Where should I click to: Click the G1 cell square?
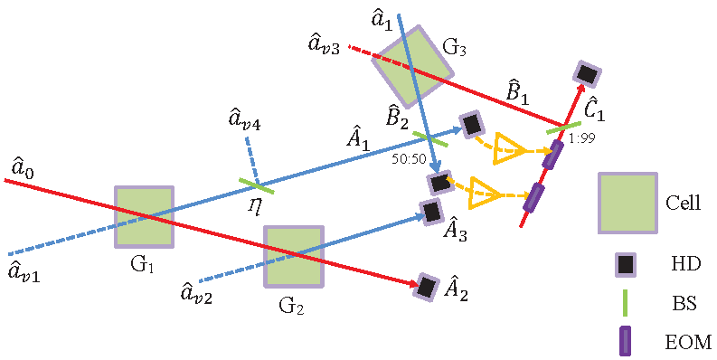pos(144,217)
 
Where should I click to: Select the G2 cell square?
pos(293,256)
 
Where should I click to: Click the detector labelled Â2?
pos(426,287)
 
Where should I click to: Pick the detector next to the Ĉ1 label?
pos(588,73)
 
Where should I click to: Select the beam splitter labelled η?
pos(257,185)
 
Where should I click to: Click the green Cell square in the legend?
pos(627,203)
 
